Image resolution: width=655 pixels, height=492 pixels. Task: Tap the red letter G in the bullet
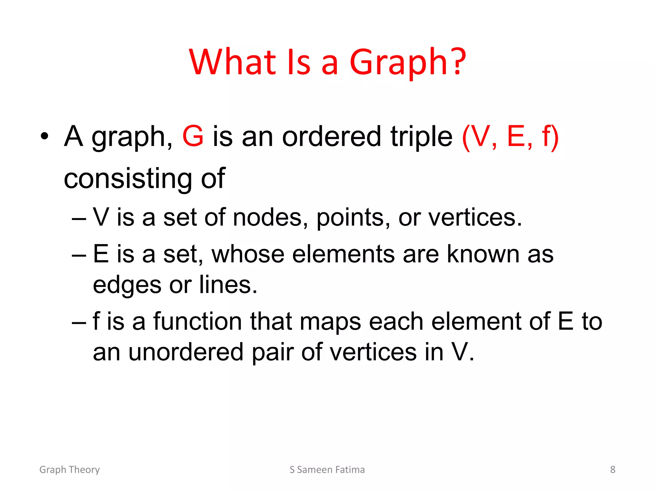[193, 136]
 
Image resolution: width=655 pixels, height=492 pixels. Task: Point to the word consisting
[128, 179]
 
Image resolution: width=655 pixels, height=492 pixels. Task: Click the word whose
[248, 254]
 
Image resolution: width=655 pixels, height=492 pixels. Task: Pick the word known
[483, 254]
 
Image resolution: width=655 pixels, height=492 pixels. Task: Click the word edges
[127, 285]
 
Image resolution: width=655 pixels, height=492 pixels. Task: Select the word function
[198, 322]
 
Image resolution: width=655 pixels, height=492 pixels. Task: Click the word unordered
[186, 352]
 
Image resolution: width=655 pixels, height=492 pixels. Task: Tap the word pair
[272, 352]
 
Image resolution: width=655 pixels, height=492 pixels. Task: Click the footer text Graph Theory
[69, 470]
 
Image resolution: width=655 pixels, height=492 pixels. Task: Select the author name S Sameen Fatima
[327, 470]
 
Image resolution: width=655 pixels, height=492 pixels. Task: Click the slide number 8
[612, 470]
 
